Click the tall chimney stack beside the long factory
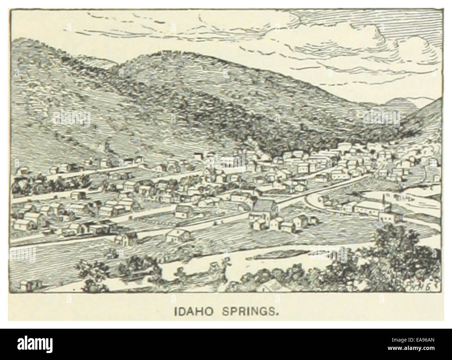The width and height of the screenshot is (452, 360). [383, 205]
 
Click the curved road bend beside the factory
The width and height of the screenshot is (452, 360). [313, 202]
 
